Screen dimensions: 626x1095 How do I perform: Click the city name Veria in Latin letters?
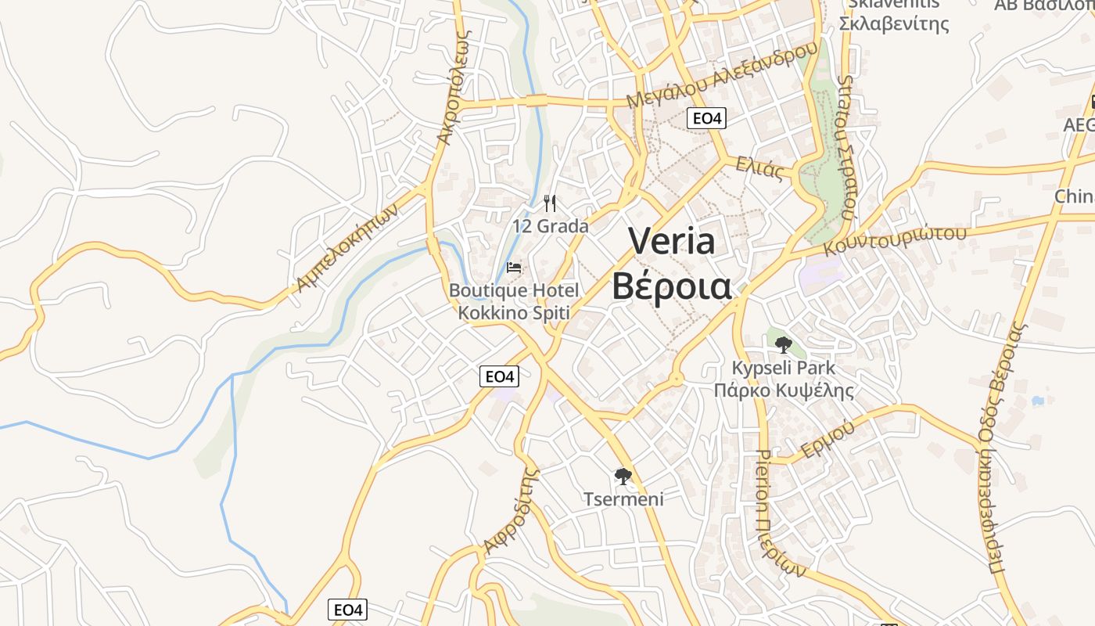(x=672, y=241)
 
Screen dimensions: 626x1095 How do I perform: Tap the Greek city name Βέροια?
(x=671, y=286)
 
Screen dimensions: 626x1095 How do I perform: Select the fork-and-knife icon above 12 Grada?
(x=550, y=203)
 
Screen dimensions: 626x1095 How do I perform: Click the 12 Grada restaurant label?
(x=551, y=226)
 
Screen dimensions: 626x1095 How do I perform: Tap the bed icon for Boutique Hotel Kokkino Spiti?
(x=514, y=268)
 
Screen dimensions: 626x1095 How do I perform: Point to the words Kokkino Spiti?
(x=514, y=313)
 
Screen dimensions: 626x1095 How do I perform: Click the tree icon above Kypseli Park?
(x=783, y=344)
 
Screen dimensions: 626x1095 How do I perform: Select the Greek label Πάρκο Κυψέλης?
(x=783, y=390)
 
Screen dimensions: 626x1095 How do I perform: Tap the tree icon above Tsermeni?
(x=623, y=476)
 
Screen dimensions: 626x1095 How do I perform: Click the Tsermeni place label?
(x=623, y=498)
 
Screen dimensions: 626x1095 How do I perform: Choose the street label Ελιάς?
(x=759, y=167)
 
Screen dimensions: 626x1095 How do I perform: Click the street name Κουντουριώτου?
(x=895, y=240)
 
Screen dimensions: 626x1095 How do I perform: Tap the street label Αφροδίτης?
(x=512, y=511)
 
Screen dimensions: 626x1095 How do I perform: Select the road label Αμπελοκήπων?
(x=346, y=247)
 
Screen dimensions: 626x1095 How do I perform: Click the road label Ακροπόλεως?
(x=454, y=88)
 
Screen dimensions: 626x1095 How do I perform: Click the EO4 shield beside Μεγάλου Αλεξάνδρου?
(x=707, y=118)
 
